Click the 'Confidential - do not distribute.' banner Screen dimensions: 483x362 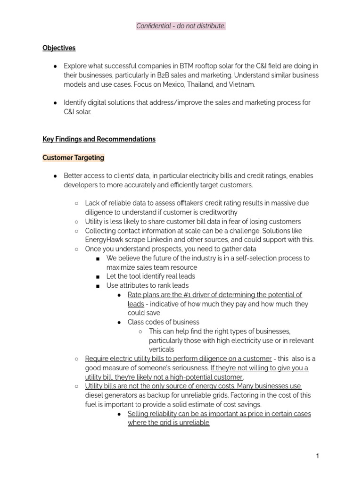point(181,26)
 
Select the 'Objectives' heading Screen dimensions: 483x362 point(59,48)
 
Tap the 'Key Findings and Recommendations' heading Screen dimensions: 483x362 point(99,139)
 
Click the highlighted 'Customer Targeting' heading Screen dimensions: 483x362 point(74,158)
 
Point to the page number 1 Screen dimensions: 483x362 point(318,456)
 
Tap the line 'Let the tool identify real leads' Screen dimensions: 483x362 point(150,276)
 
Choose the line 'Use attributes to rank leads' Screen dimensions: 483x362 point(147,285)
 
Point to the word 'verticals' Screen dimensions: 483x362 point(161,350)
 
